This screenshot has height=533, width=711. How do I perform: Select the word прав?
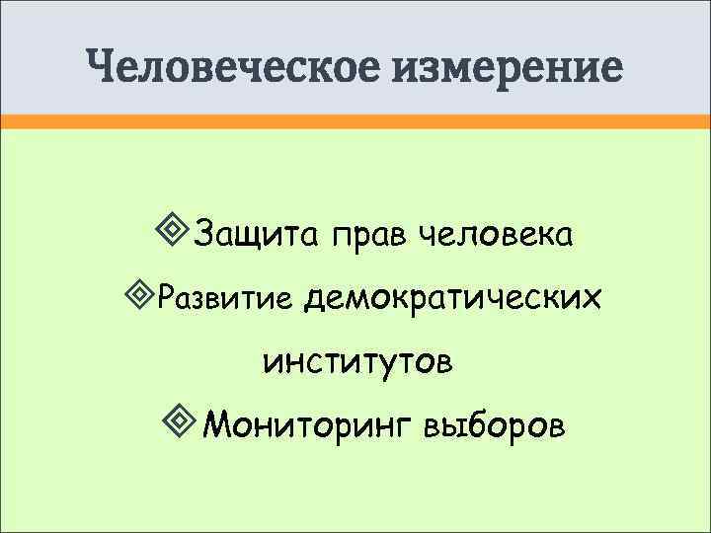point(370,237)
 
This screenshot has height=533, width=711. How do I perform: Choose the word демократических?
point(453,295)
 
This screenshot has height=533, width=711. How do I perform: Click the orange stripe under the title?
point(355,120)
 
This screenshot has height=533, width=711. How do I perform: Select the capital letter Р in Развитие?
point(165,295)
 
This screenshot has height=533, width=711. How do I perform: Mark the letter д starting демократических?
point(316,295)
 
